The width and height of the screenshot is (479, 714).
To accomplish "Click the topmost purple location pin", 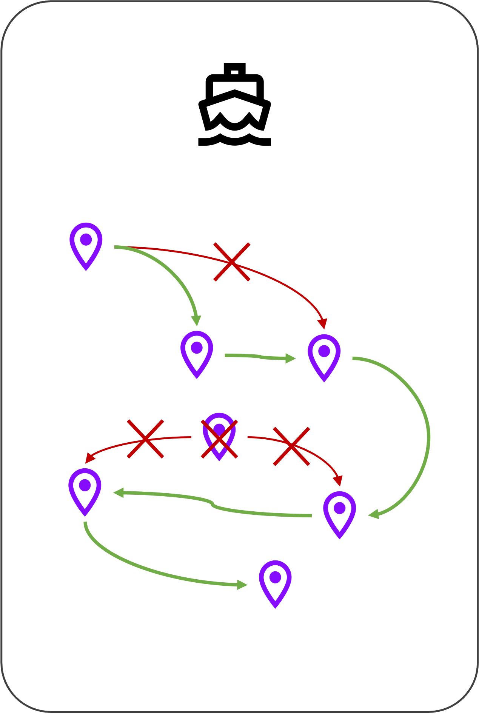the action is (86, 245).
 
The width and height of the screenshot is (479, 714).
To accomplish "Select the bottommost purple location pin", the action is (275, 583).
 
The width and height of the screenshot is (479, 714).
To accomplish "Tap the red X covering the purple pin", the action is (219, 439).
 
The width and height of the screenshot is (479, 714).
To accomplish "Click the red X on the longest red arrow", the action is (232, 262).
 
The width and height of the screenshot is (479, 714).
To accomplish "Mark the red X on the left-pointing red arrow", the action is (145, 439).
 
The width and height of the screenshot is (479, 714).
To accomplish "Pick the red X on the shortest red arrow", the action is (291, 446).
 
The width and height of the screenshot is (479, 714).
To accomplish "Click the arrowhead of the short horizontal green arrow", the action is (291, 358).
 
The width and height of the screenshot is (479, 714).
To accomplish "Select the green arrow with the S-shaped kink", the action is (212, 503).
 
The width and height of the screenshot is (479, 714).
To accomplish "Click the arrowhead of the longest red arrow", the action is (322, 324).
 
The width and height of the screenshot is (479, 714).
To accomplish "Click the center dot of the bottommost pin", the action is (275, 577).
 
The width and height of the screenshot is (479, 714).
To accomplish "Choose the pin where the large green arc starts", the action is (324, 357).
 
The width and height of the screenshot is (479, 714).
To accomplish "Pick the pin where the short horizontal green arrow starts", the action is (197, 354).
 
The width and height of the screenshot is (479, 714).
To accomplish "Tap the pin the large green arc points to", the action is (339, 514).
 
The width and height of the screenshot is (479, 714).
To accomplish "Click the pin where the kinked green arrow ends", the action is (85, 491).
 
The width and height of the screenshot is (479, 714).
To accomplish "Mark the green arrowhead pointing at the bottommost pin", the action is (242, 585).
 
